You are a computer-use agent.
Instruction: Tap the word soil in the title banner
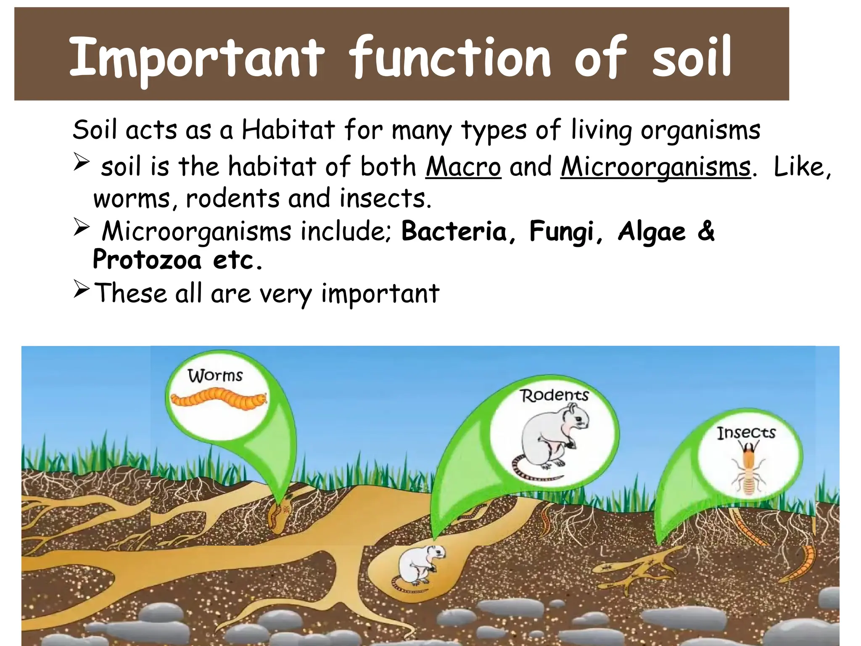tap(692, 58)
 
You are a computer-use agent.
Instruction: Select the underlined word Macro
tap(463, 167)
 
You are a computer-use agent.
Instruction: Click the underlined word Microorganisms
tap(655, 167)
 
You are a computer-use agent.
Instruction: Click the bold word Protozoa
tap(147, 260)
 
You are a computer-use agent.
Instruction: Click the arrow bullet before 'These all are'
tap(82, 289)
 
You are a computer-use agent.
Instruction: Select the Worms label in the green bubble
tap(215, 376)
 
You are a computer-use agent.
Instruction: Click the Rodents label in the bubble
tap(554, 395)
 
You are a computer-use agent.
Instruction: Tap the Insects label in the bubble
tap(746, 433)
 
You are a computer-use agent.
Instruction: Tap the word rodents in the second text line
tap(232, 199)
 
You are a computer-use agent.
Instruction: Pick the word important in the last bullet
tap(380, 294)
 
